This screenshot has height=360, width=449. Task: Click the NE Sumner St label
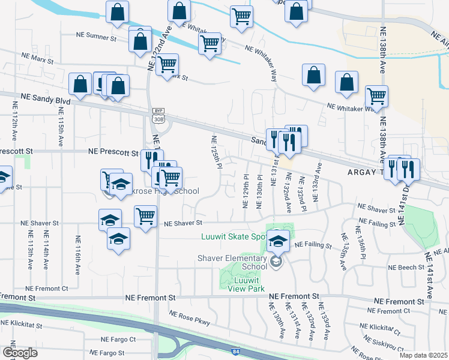tap(97, 37)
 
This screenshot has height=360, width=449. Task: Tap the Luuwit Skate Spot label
tap(234, 236)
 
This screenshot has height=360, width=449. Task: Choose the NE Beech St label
tap(405, 267)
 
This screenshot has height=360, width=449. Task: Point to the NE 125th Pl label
tap(214, 152)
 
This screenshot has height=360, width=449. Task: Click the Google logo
tap(20, 352)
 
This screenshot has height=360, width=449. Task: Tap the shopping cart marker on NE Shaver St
tap(145, 217)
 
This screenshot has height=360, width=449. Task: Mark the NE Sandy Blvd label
tap(46, 97)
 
